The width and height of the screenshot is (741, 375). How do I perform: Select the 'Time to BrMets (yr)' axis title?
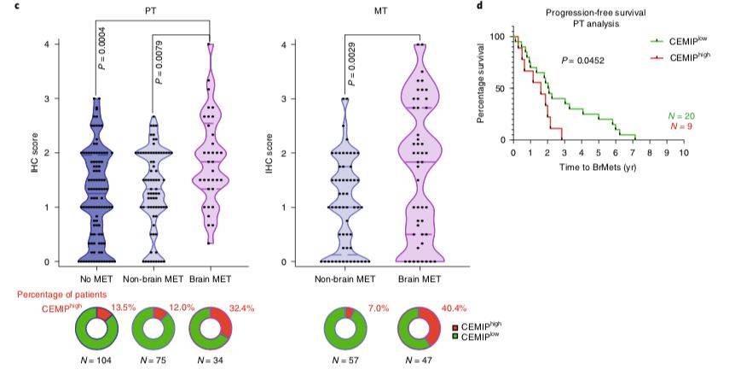click(x=598, y=165)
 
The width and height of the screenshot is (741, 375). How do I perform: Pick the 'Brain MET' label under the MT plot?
click(x=419, y=278)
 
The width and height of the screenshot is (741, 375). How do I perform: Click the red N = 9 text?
click(x=674, y=126)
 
